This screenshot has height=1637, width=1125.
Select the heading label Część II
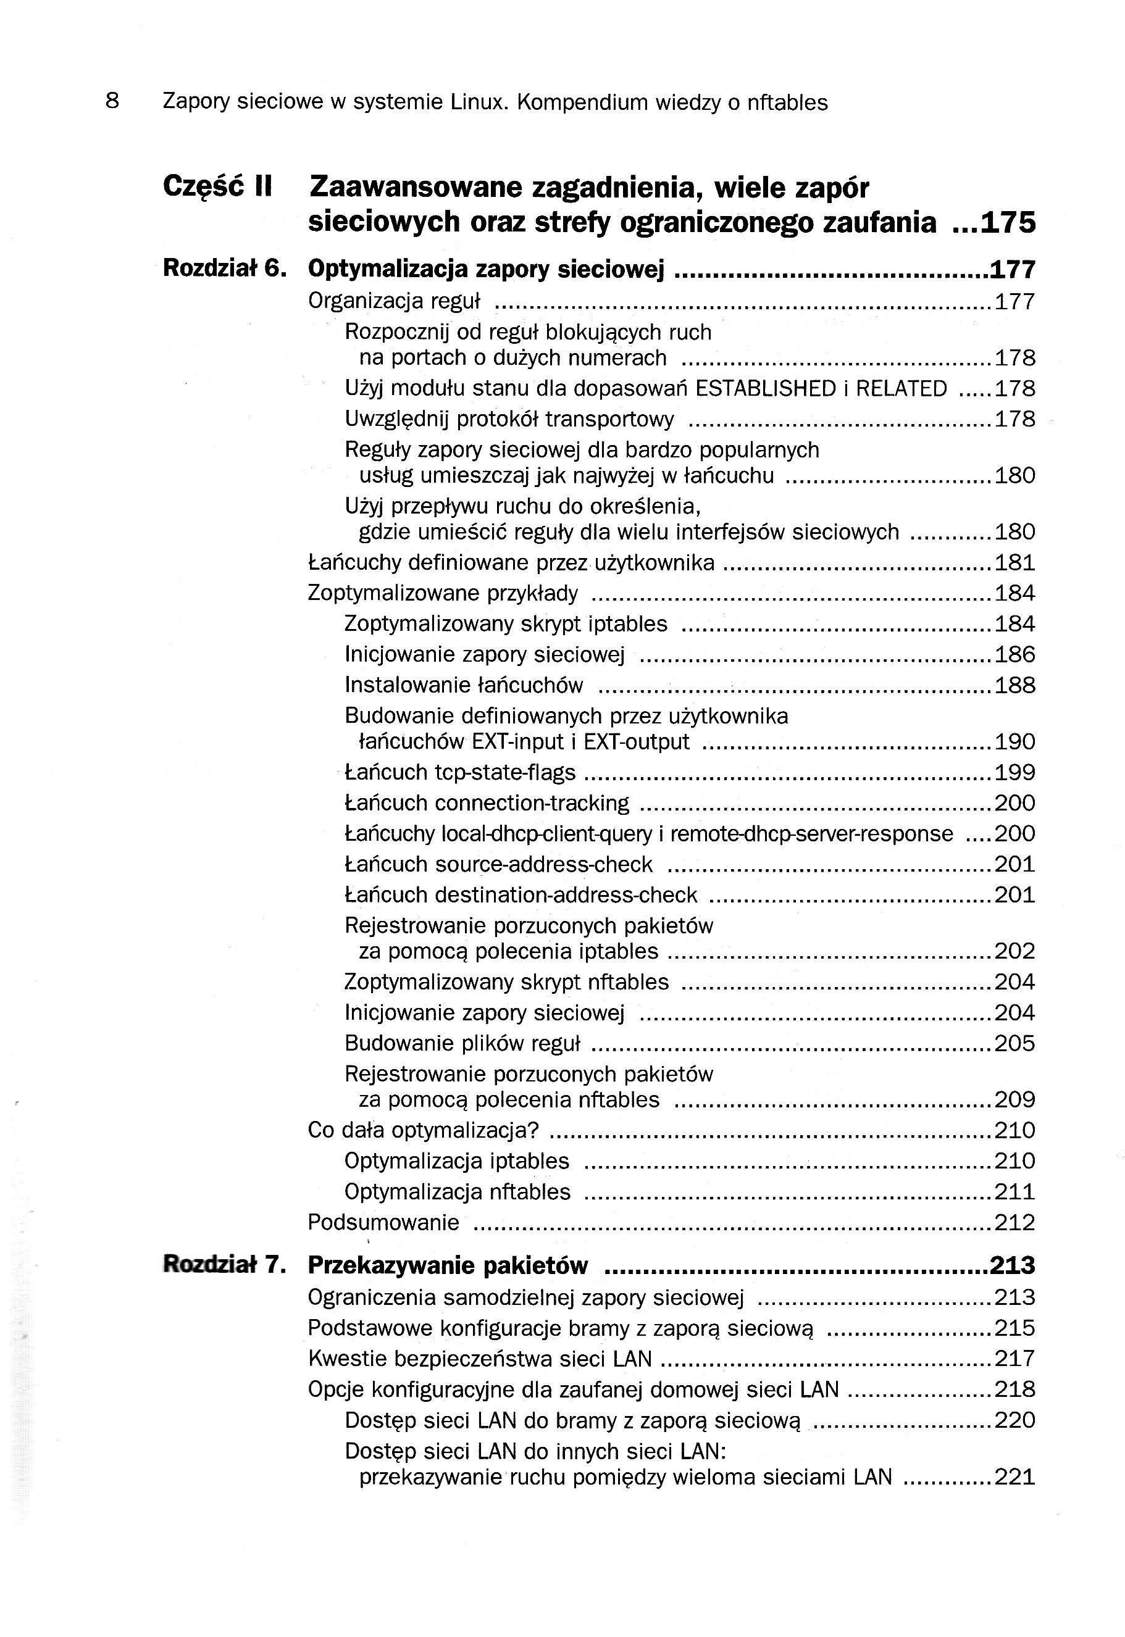click(x=217, y=187)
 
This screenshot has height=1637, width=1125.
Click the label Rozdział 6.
click(x=224, y=269)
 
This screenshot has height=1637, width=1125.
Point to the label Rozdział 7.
click(x=224, y=1265)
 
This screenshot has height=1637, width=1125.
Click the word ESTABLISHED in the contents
click(x=765, y=389)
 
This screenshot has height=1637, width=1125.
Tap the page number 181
click(x=1014, y=562)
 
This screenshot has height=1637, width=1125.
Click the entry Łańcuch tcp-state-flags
click(x=459, y=772)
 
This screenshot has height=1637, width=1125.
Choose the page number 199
click(x=1014, y=772)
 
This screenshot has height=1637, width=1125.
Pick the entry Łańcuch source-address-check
click(x=498, y=864)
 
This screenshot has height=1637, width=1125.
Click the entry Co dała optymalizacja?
click(x=423, y=1130)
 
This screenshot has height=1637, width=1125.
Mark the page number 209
click(x=1014, y=1099)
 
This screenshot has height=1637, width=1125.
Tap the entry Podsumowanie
click(x=383, y=1222)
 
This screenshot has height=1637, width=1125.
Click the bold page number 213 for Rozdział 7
click(x=1012, y=1265)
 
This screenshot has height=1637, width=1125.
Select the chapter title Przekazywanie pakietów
click(x=448, y=1265)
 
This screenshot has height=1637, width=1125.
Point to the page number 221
click(x=1014, y=1477)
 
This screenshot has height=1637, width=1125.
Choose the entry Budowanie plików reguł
click(x=462, y=1043)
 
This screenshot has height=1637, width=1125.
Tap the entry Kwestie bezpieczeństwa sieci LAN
click(x=479, y=1358)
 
